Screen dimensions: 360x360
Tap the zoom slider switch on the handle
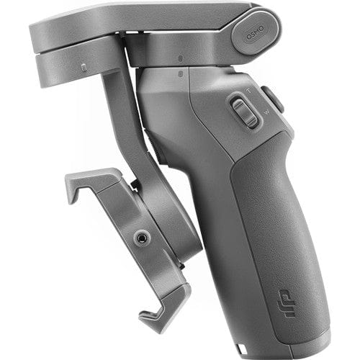tap(246, 112)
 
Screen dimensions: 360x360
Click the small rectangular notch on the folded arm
tap(83, 68)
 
